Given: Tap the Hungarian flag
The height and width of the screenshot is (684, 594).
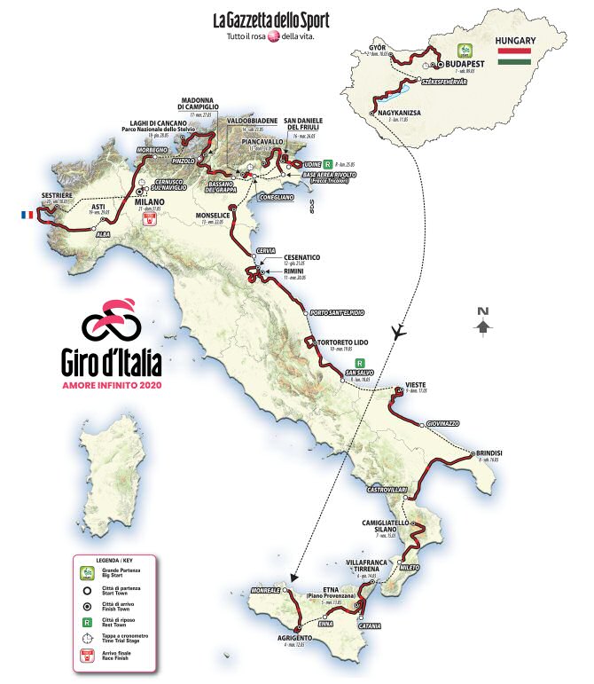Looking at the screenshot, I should click(514, 56).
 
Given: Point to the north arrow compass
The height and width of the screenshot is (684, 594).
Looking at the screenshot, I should click(482, 320).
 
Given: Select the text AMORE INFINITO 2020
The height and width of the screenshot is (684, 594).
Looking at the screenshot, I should click(112, 384).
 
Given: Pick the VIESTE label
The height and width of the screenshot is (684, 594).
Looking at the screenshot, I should click(417, 384).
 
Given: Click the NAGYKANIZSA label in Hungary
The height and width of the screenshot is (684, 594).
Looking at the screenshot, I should click(400, 113).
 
